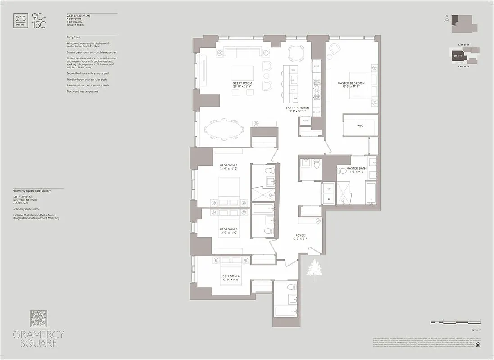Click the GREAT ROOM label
tap(242, 83)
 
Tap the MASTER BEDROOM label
tap(351, 83)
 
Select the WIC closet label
tap(360, 126)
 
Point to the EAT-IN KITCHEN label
tap(297, 108)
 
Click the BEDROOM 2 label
tap(229, 166)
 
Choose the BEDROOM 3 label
tap(229, 229)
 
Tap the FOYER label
tap(300, 235)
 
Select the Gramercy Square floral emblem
tap(38, 319)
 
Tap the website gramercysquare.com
tap(26, 209)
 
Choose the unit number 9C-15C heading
tap(40, 21)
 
